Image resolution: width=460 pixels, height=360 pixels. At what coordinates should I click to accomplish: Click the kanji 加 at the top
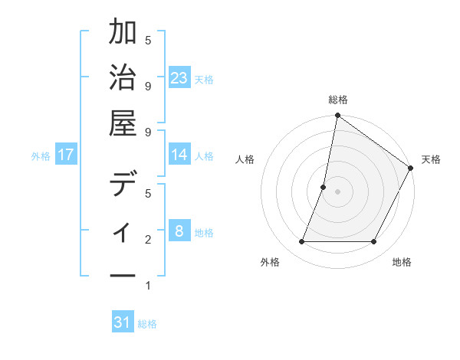pyautogui.click(x=123, y=34)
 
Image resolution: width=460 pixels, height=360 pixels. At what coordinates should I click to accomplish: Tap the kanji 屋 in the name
pyautogui.click(x=123, y=123)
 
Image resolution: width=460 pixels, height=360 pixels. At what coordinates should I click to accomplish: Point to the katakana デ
pyautogui.click(x=123, y=185)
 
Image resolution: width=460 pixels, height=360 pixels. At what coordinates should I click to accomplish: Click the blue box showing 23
pyautogui.click(x=179, y=78)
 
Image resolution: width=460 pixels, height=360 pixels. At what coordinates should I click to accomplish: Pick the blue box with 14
pyautogui.click(x=179, y=155)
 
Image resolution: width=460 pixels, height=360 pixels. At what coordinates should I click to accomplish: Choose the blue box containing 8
pyautogui.click(x=179, y=231)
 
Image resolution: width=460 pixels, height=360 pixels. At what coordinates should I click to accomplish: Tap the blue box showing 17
pyautogui.click(x=66, y=155)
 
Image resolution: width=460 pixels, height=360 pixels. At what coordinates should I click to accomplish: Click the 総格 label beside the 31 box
pyautogui.click(x=147, y=324)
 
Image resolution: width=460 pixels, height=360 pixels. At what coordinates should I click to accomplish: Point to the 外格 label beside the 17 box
pyautogui.click(x=41, y=155)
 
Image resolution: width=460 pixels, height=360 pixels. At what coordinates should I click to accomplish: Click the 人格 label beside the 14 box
pyautogui.click(x=204, y=155)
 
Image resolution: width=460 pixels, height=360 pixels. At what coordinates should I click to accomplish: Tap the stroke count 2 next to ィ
pyautogui.click(x=148, y=240)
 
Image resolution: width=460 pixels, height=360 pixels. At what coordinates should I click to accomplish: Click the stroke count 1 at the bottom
pyautogui.click(x=148, y=286)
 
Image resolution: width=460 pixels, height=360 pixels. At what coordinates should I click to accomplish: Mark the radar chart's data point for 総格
pyautogui.click(x=337, y=116)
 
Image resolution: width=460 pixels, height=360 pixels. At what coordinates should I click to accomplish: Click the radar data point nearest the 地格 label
pyautogui.click(x=374, y=242)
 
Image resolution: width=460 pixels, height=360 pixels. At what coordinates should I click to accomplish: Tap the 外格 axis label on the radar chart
pyautogui.click(x=270, y=262)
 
